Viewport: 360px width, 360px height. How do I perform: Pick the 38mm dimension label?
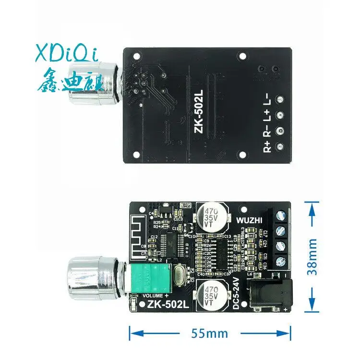point(313,257)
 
